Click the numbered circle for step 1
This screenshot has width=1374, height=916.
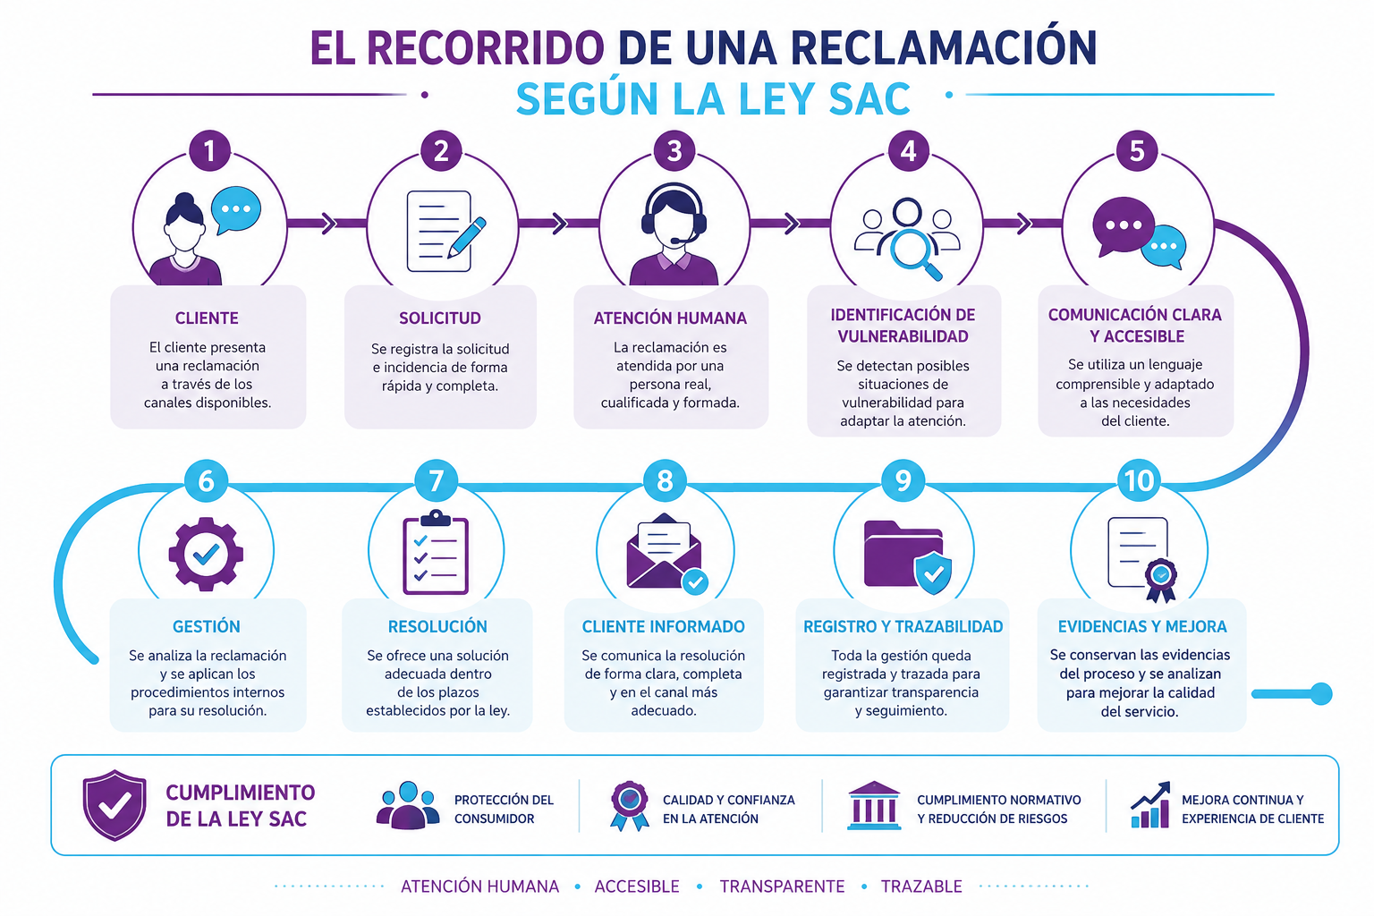point(209,150)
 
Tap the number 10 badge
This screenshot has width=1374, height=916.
point(1139,480)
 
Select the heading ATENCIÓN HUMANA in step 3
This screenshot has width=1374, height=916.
point(670,318)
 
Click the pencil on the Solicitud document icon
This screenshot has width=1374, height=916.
point(467,237)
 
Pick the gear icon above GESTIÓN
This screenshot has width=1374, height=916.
point(206,554)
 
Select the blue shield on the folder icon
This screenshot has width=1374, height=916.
point(933,572)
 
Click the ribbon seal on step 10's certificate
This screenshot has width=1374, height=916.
point(1160,579)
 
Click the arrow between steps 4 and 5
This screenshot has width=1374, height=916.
point(1022,224)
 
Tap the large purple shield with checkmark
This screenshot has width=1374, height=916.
point(114,805)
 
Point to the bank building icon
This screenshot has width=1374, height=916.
point(874,806)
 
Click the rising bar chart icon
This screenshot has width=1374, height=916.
point(1150,805)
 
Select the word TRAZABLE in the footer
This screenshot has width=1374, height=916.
point(921,886)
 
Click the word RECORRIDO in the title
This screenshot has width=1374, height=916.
point(487,47)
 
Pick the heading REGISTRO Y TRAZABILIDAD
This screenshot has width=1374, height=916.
point(903,626)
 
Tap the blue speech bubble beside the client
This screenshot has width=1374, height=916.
point(236,210)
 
